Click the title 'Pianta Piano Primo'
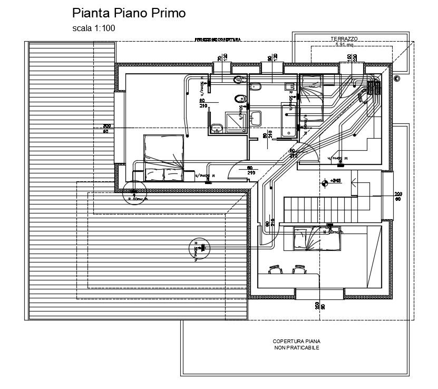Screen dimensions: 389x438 129,13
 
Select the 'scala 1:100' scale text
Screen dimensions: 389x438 94,28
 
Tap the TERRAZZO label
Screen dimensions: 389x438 344,39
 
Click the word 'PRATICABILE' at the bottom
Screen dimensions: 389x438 305,348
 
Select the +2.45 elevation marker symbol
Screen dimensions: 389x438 324,182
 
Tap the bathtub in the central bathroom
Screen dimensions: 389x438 289,121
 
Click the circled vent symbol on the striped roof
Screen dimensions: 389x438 200,248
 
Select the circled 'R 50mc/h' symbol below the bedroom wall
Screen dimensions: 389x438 133,194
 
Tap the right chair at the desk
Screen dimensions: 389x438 300,269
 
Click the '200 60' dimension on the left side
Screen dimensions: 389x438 105,128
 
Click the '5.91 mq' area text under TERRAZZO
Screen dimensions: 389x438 344,45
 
